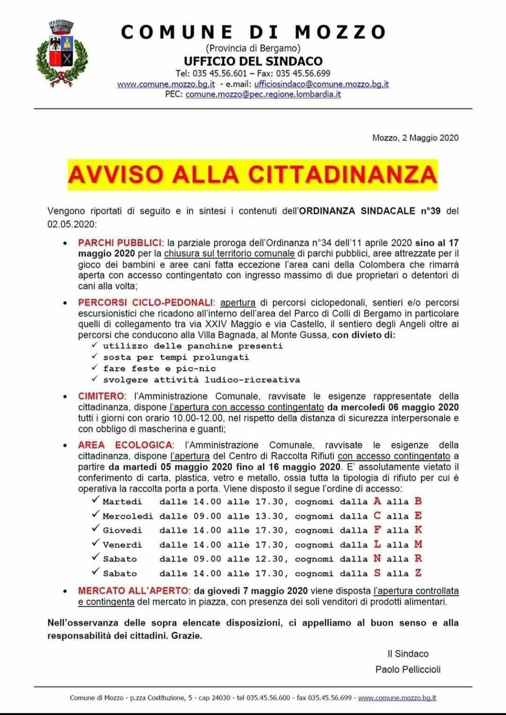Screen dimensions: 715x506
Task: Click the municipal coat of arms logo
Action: (x=61, y=53)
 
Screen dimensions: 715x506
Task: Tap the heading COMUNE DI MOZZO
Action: (x=253, y=32)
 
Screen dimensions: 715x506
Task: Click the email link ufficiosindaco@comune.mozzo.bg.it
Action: (x=321, y=84)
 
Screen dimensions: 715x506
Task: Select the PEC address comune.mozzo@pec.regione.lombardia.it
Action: (x=263, y=94)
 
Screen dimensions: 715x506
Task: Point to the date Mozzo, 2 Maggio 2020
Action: (x=415, y=138)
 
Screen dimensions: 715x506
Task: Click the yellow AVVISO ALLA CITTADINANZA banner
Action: (x=253, y=174)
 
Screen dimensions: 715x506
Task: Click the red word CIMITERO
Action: (x=101, y=396)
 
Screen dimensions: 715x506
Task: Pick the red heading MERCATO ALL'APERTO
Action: (x=134, y=591)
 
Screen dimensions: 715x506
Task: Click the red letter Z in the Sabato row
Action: (x=418, y=573)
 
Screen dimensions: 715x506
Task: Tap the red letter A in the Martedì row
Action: (x=377, y=501)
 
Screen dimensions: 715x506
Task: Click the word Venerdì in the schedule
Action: (x=122, y=545)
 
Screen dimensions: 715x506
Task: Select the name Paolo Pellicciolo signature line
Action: (x=408, y=670)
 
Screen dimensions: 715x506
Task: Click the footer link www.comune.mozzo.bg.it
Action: (x=397, y=698)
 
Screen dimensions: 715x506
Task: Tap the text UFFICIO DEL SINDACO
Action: (x=253, y=61)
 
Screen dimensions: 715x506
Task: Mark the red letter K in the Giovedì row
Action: (x=418, y=530)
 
